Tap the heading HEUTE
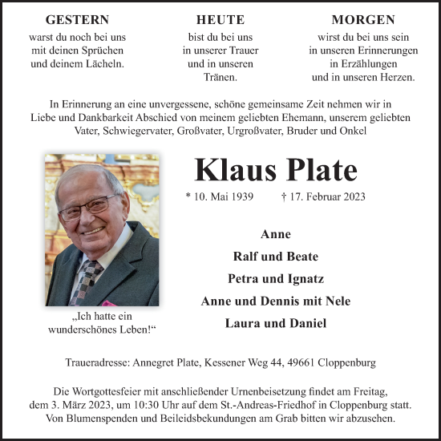[220, 20]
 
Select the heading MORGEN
[362, 20]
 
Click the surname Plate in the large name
[318, 171]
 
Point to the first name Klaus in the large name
[233, 171]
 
